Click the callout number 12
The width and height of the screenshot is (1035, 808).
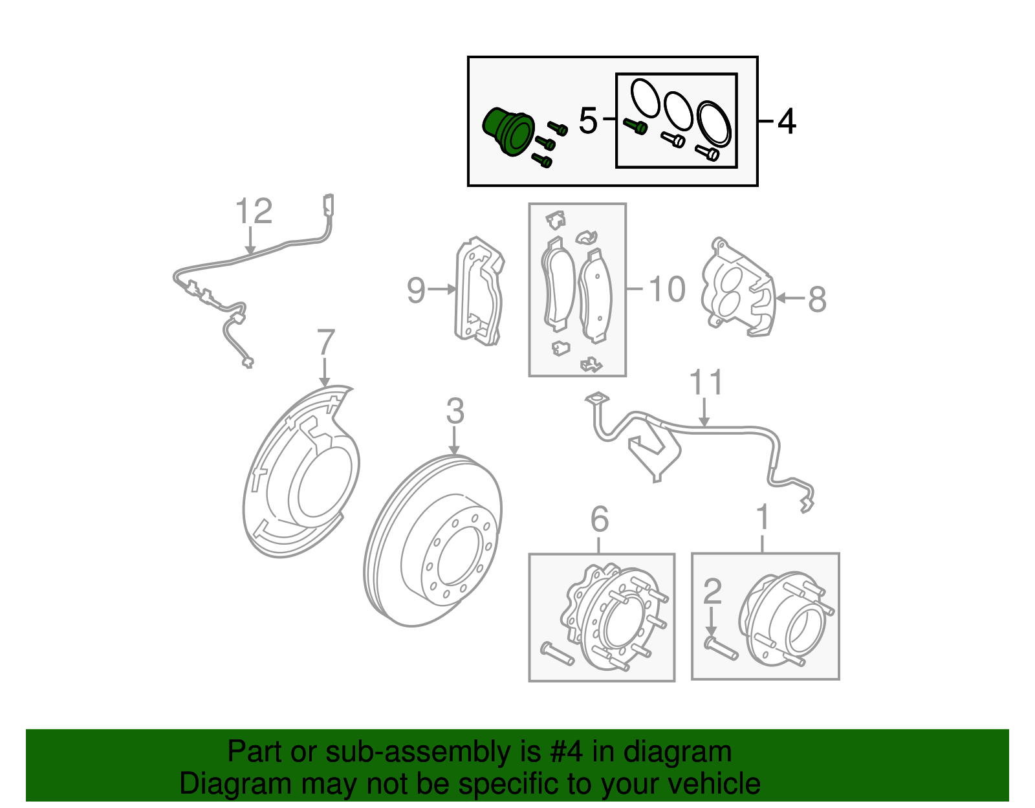254,212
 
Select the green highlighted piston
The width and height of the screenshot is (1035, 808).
508,133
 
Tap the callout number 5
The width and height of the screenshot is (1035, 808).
587,121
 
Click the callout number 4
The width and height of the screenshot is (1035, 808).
786,122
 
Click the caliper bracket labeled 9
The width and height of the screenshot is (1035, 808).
479,291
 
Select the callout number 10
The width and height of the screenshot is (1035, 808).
667,289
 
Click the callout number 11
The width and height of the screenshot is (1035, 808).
706,383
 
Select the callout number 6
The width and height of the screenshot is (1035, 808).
600,519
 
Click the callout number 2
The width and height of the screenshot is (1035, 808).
712,591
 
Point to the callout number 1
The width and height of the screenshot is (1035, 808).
763,518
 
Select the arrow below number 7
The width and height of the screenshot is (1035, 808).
325,372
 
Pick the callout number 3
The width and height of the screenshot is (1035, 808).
455,411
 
